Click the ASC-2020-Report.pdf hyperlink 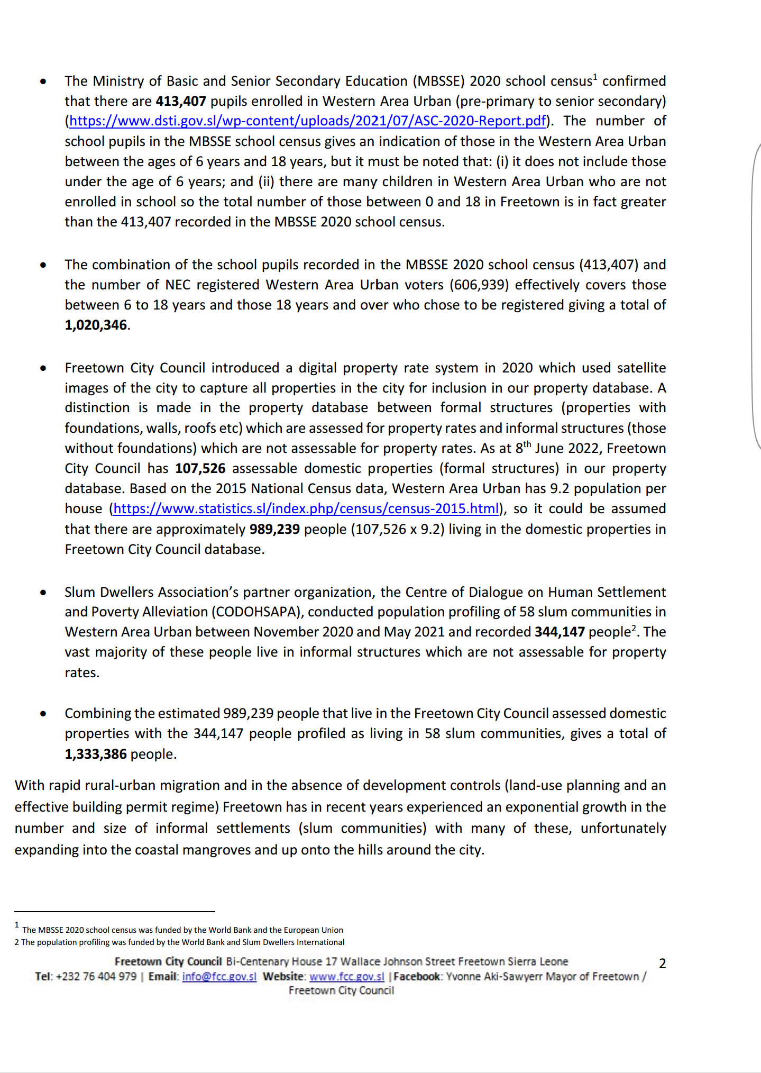coord(307,121)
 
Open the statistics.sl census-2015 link coord(306,509)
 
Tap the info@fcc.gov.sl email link coord(219,977)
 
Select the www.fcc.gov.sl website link coord(346,977)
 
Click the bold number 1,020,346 coord(96,325)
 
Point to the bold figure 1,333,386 coord(96,754)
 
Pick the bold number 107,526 coord(200,469)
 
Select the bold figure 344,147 coord(560,632)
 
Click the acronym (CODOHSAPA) coord(257,612)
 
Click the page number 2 coord(662,963)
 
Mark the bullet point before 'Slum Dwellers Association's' coord(43,593)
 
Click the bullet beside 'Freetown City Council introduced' coord(43,368)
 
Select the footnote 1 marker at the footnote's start coord(17,925)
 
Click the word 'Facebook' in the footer coord(416,977)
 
